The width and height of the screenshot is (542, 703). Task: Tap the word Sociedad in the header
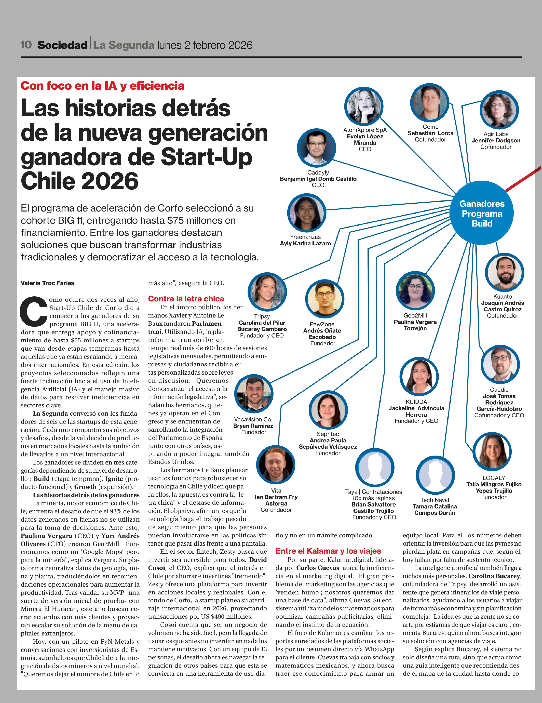click(62, 45)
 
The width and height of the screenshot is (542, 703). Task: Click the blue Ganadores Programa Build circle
click(482, 213)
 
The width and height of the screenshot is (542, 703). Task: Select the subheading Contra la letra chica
click(186, 299)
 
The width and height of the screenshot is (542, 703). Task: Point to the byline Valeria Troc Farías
click(47, 283)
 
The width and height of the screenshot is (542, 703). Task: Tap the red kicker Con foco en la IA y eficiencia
click(102, 86)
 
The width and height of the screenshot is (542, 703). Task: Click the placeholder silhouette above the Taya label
click(375, 468)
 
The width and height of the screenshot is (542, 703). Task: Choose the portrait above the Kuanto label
click(504, 273)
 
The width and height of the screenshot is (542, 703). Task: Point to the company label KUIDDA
click(416, 402)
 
